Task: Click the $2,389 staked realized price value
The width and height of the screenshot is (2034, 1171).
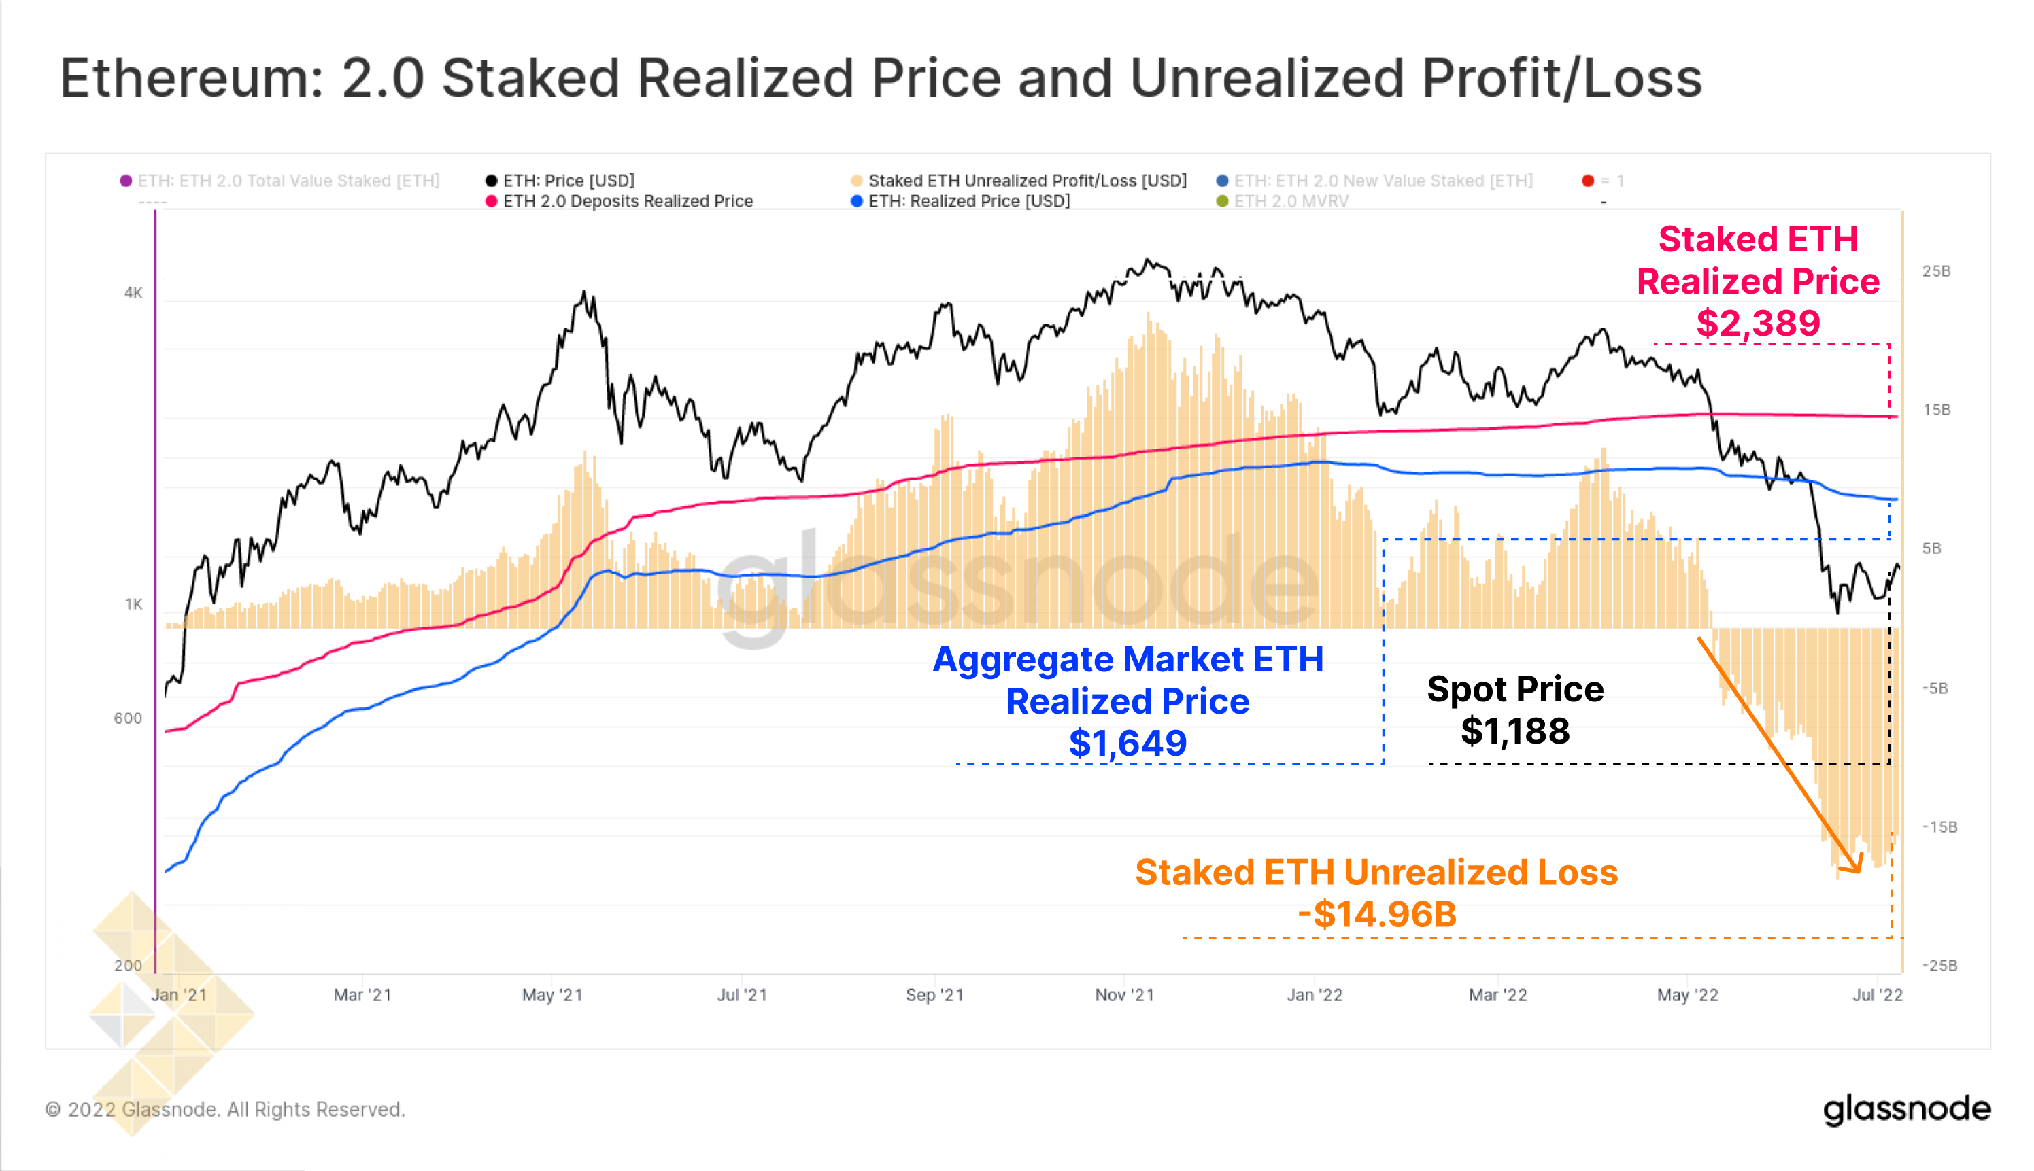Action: point(1757,324)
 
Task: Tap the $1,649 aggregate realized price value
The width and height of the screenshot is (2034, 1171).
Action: point(1128,743)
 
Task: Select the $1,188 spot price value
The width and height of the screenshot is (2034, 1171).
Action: point(1514,731)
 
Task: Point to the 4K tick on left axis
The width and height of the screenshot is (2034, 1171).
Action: point(133,293)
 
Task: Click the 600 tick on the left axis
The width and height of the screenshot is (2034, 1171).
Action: point(128,718)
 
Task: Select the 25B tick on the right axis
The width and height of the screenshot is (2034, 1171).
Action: point(1936,271)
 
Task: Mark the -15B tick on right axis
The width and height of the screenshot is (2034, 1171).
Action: point(1939,827)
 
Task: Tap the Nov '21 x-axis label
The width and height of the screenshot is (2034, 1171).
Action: point(1124,995)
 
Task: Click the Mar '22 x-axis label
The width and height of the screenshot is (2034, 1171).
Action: point(1497,995)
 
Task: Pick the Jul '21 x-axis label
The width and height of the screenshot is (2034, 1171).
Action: point(742,995)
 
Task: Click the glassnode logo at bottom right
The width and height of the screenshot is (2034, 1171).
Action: point(1906,1109)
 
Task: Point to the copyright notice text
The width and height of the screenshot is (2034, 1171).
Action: point(225,1109)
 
